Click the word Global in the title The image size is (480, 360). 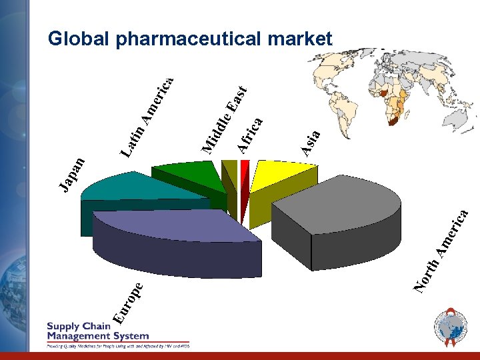[x=79, y=39]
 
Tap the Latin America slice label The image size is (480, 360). [x=147, y=117]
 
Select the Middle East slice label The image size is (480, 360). [x=224, y=117]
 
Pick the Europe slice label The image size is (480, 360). [x=127, y=303]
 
